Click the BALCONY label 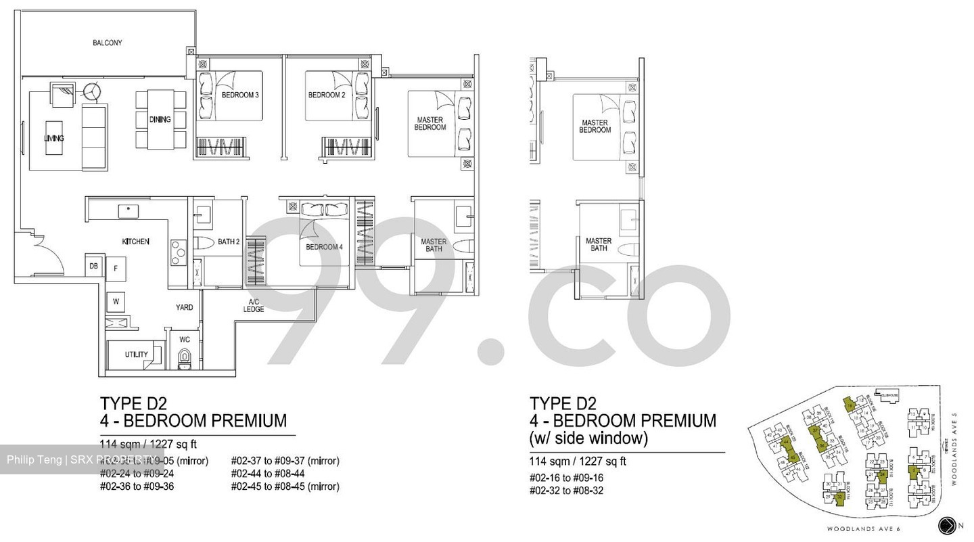[x=108, y=43]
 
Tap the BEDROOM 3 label [x=240, y=95]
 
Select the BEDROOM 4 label [x=324, y=247]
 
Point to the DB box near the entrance [x=94, y=266]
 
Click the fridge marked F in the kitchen [x=116, y=269]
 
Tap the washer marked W [x=116, y=301]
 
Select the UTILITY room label [x=136, y=355]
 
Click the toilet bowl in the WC [x=184, y=359]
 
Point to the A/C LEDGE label [x=254, y=306]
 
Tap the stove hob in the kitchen [x=178, y=253]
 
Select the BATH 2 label [x=229, y=242]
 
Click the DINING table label [x=160, y=120]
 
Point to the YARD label [x=184, y=307]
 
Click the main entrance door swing [x=45, y=253]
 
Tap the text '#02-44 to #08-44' [x=267, y=474]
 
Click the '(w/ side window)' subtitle [x=588, y=438]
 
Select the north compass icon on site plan [x=948, y=525]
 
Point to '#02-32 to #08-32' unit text [x=566, y=491]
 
